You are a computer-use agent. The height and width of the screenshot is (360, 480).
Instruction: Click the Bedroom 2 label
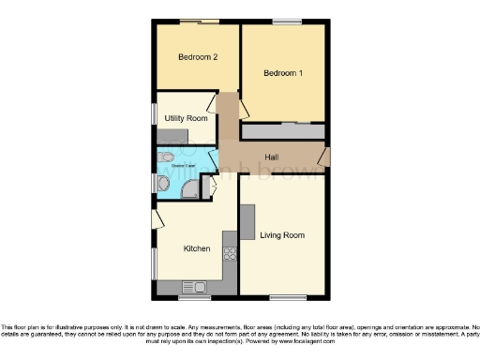click(198, 57)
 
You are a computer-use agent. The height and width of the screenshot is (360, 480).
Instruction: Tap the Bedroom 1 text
click(282, 73)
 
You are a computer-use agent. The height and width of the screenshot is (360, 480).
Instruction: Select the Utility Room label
click(186, 119)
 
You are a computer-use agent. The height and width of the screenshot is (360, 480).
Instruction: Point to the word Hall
click(271, 157)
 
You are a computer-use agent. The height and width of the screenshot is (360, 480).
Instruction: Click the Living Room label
click(282, 234)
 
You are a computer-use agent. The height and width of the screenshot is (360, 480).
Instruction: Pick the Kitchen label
click(197, 248)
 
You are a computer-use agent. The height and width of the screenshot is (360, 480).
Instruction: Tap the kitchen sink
click(198, 285)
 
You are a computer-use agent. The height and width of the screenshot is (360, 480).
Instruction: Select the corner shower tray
click(190, 189)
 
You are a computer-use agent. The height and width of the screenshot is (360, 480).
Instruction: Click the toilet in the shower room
click(165, 186)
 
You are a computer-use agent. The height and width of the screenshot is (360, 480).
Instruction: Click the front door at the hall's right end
click(324, 157)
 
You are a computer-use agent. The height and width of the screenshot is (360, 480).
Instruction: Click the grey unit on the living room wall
click(247, 221)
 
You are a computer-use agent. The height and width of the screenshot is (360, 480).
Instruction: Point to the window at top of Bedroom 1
click(284, 22)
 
